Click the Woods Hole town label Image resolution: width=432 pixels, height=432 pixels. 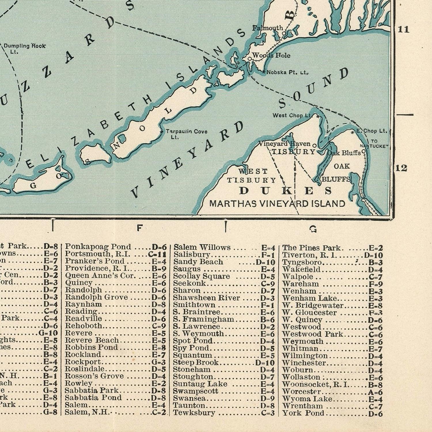pos(271,55)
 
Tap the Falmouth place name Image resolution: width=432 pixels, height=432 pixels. pos(268,28)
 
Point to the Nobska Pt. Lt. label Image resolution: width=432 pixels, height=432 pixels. pos(287,72)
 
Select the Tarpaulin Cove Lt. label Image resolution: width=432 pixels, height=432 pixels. pos(186,134)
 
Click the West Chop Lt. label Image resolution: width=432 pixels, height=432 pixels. pos(292,115)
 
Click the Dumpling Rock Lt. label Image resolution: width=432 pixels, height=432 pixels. pos(24,48)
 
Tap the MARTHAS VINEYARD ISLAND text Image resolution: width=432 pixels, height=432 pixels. pos(277,204)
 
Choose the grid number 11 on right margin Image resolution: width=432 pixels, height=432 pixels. pos(403,29)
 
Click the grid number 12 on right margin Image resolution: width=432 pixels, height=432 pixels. pos(401,168)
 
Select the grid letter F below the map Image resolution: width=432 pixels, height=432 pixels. pos(139,228)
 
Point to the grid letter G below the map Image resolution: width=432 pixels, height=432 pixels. pos(313,229)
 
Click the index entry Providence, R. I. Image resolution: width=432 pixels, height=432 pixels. pos(97,268)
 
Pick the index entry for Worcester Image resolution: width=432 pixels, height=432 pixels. pos(301,392)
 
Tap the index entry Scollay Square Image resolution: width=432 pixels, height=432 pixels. pos(201,276)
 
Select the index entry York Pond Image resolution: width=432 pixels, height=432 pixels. pos(303,413)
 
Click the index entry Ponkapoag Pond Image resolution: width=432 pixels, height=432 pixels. pos(98,247)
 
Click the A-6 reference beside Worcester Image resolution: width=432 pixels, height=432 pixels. pos(375,392)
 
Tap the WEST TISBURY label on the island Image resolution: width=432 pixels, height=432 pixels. pos(251,176)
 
